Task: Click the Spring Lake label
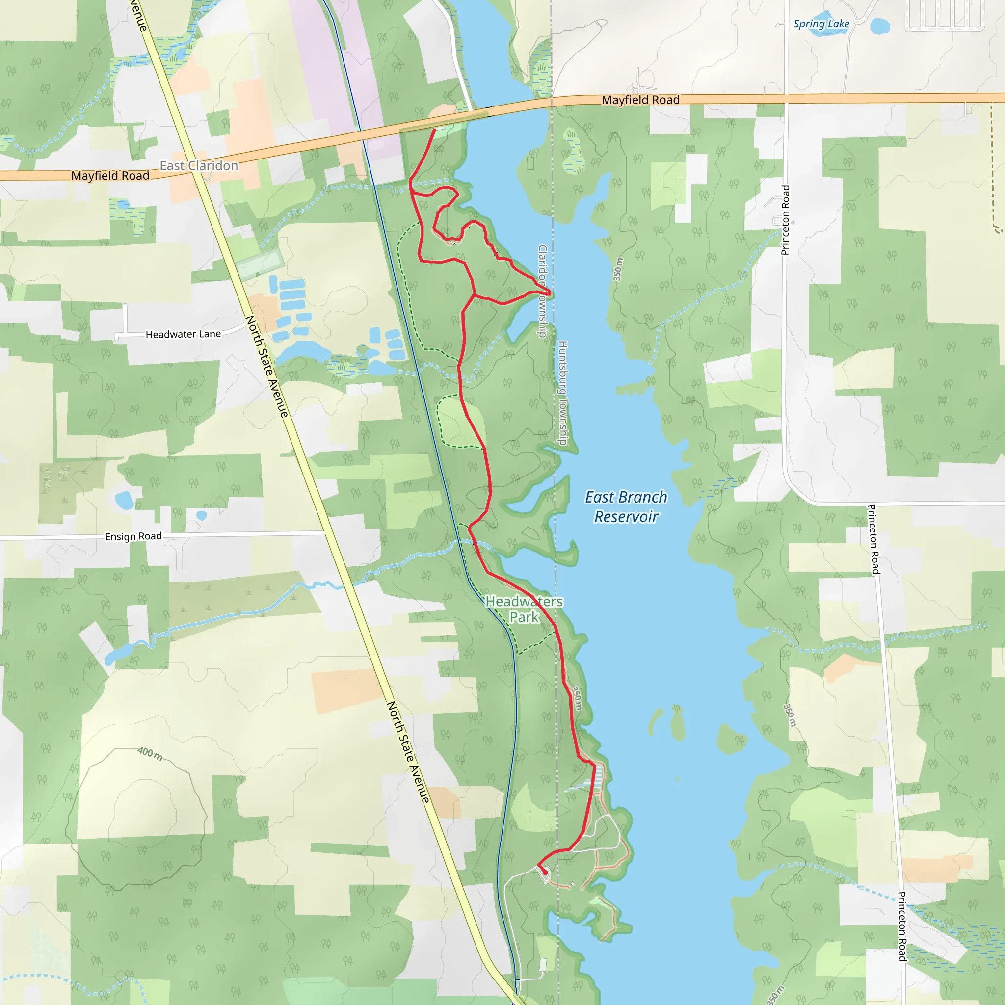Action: pyautogui.click(x=821, y=24)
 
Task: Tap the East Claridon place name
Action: pyautogui.click(x=199, y=165)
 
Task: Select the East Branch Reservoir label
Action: pyautogui.click(x=626, y=506)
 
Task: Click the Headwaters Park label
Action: pyautogui.click(x=524, y=609)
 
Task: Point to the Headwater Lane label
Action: pyautogui.click(x=183, y=334)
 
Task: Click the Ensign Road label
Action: pyautogui.click(x=133, y=536)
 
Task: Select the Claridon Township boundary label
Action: pyautogui.click(x=543, y=291)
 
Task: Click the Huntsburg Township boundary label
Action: pyautogui.click(x=563, y=393)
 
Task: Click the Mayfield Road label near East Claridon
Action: pyautogui.click(x=110, y=175)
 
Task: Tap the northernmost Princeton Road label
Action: pyautogui.click(x=786, y=220)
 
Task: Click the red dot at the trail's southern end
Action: pyautogui.click(x=545, y=873)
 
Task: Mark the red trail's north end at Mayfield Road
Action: pyautogui.click(x=434, y=129)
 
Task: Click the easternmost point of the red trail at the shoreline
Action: pyautogui.click(x=550, y=294)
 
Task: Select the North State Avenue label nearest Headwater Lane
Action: pyautogui.click(x=266, y=366)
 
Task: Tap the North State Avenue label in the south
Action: pyautogui.click(x=408, y=752)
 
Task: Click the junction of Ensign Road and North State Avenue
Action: pyautogui.click(x=326, y=532)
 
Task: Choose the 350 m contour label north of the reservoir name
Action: pyautogui.click(x=617, y=269)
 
